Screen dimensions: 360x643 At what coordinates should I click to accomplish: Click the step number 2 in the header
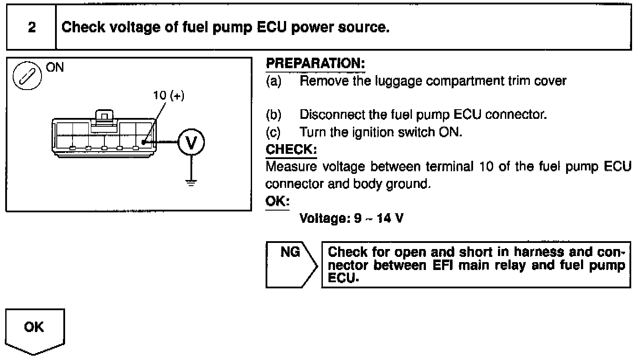coord(31,28)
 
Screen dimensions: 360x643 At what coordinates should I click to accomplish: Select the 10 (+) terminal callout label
coord(169,96)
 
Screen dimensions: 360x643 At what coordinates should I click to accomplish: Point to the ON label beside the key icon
coord(55,67)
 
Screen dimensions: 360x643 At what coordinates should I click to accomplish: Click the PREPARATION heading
coord(315,64)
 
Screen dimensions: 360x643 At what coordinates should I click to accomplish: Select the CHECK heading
coord(291,149)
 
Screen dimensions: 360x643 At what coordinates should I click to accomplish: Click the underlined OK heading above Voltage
coord(277,201)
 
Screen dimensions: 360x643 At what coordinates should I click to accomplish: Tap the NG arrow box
coord(291,264)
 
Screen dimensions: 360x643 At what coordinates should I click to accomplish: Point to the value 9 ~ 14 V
coord(378,218)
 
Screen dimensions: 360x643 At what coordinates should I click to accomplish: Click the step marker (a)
coord(273,81)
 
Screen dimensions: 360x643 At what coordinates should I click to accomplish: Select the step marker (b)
coord(273,115)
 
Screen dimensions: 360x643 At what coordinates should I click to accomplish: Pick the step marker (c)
coord(273,132)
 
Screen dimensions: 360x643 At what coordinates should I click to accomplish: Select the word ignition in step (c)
coord(373,132)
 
